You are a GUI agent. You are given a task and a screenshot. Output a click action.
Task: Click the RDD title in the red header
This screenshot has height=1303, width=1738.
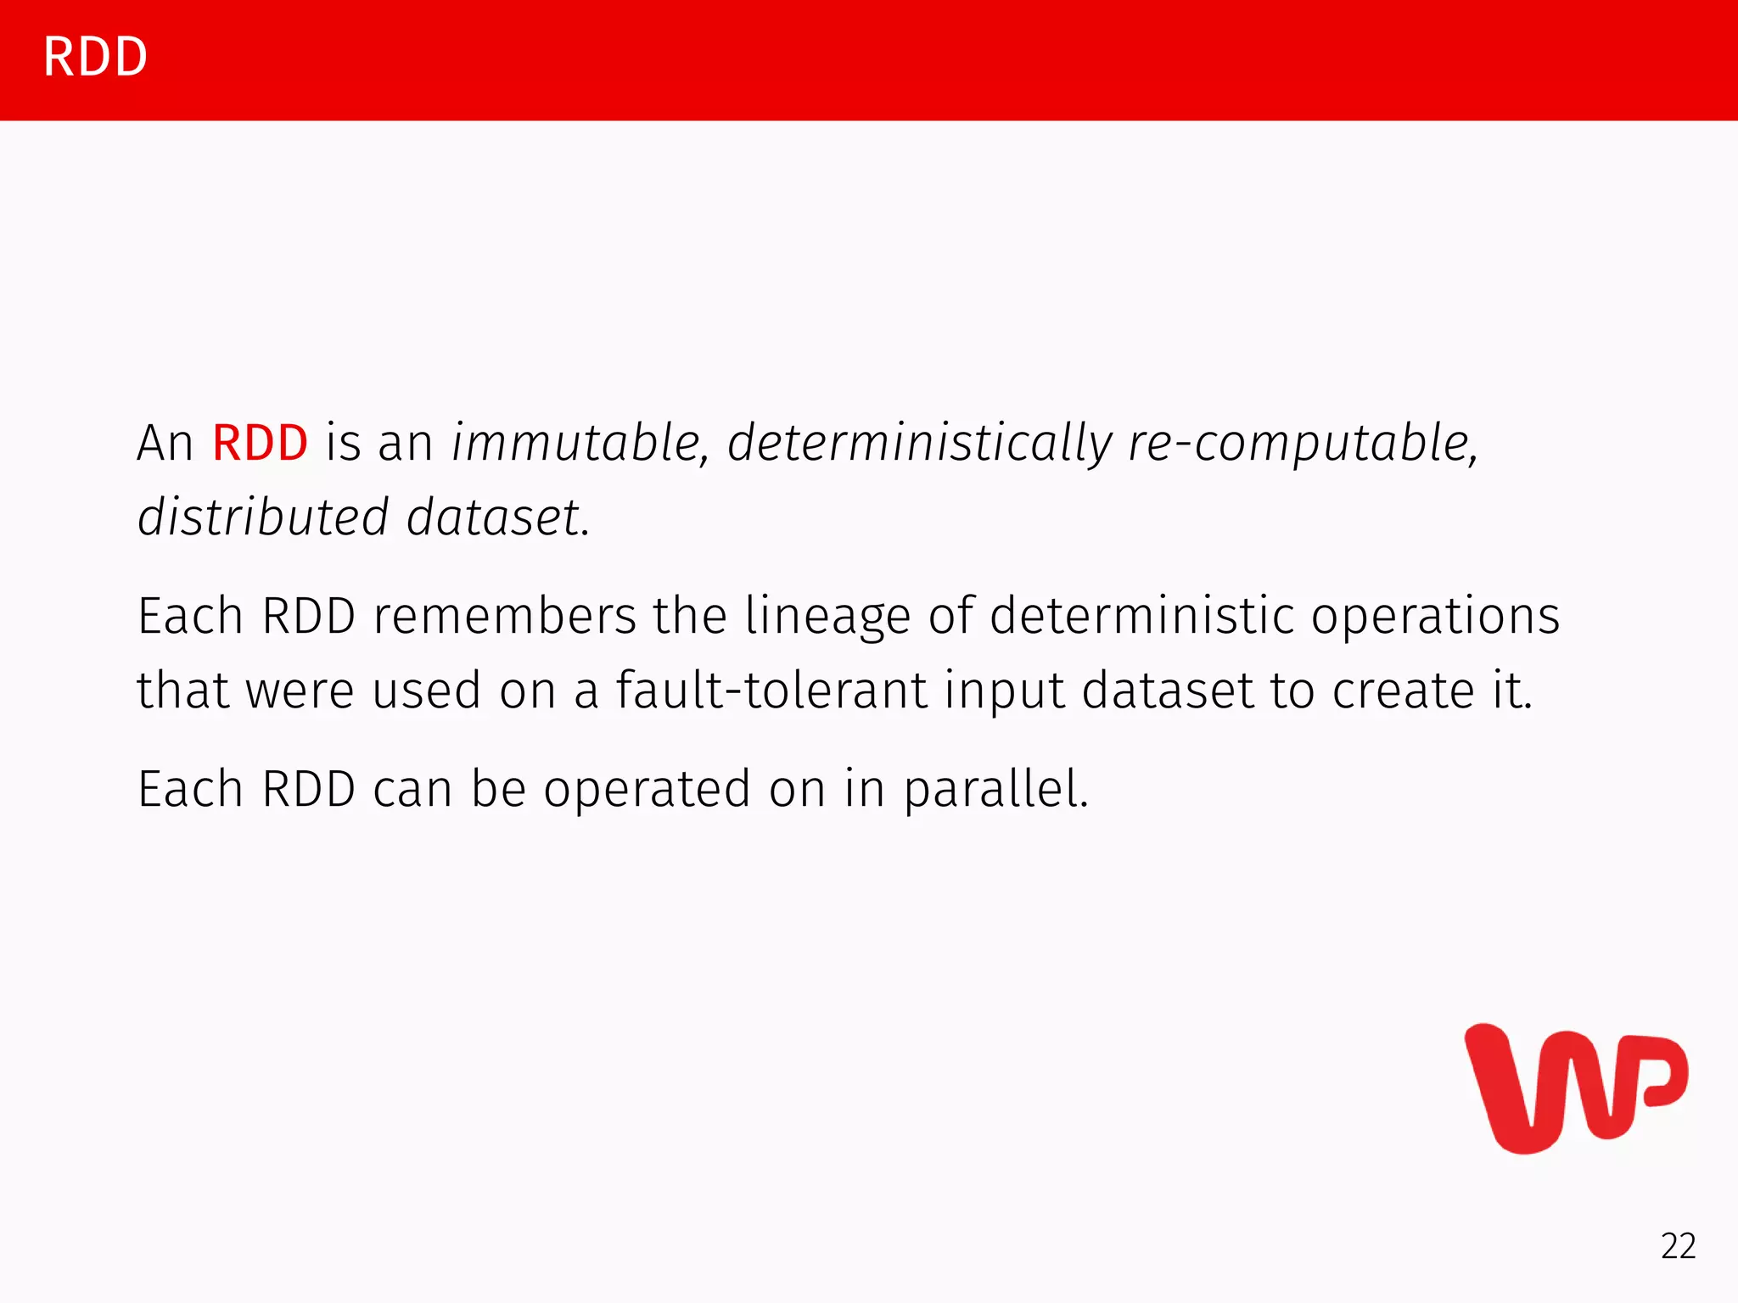click(x=95, y=58)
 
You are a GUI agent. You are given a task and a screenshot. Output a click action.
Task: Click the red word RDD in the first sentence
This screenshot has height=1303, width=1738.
click(x=260, y=443)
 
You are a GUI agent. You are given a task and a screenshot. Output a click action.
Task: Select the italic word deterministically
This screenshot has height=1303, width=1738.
click(x=919, y=443)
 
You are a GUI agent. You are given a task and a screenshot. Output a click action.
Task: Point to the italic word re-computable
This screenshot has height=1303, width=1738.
click(x=1303, y=445)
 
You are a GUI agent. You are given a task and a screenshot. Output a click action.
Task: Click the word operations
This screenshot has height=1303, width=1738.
click(x=1435, y=618)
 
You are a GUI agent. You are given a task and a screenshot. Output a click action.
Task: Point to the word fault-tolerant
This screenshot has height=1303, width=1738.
click(x=771, y=690)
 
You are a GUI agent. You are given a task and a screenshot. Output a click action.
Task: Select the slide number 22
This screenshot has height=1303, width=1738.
click(x=1678, y=1246)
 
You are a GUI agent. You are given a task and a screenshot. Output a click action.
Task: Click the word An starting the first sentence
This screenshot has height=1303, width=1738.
click(x=165, y=443)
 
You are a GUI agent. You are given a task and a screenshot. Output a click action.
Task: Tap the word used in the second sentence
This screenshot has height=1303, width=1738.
click(x=427, y=690)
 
